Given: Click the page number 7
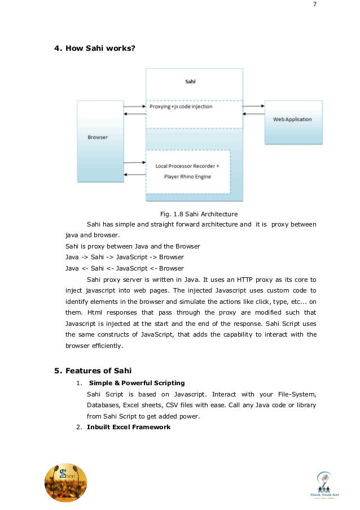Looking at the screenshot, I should click(315, 6).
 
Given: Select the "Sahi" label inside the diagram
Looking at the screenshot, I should click(191, 82).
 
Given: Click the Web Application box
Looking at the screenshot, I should click(292, 120).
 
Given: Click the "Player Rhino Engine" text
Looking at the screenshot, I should click(187, 176).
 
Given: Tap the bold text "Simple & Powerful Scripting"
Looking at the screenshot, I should click(136, 383).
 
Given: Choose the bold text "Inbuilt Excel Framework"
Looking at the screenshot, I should click(129, 427).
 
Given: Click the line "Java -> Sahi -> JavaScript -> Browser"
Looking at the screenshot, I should click(124, 258).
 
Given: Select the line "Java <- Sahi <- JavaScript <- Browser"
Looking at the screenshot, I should click(124, 268).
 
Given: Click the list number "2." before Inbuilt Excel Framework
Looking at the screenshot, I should click(79, 427).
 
